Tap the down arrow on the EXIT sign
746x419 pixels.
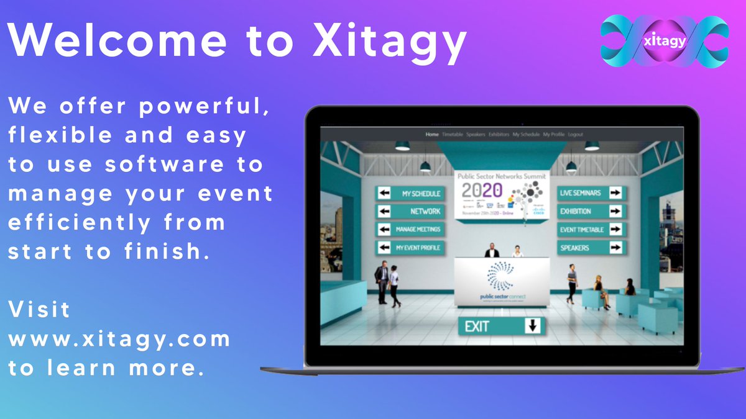[x=533, y=326]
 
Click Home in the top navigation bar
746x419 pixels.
[x=432, y=134]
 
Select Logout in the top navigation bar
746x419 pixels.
[x=575, y=134]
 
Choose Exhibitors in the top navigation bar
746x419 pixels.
[x=499, y=134]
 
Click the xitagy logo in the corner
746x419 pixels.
[x=664, y=42]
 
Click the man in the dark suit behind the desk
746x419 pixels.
[x=492, y=250]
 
